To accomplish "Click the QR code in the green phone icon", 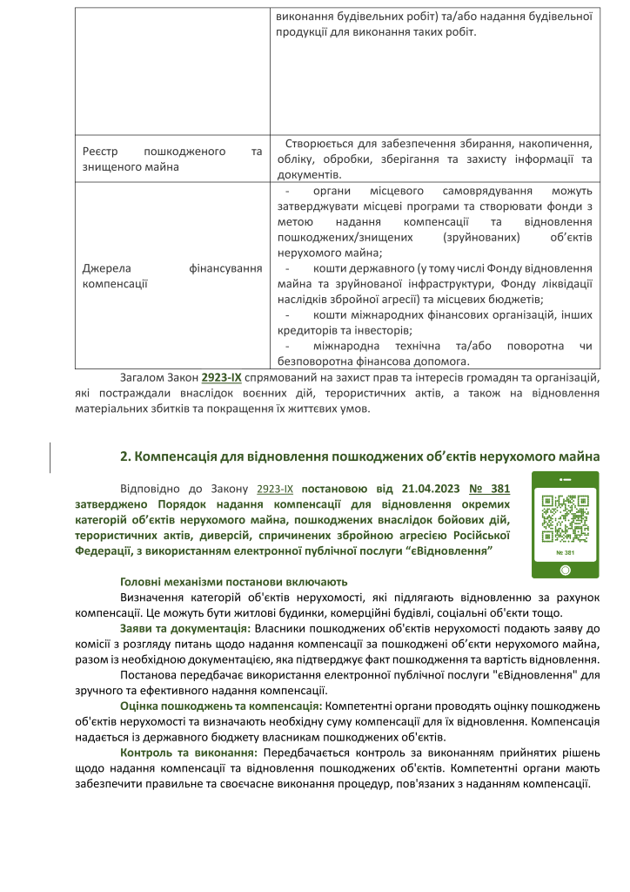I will click(566, 518).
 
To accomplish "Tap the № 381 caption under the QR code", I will click(566, 553).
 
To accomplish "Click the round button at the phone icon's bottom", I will click(566, 570).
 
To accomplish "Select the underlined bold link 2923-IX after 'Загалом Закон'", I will click(222, 378).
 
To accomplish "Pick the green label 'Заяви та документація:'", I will click(185, 628).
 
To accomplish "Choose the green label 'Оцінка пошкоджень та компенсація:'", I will click(221, 705).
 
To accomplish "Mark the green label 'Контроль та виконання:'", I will click(189, 752).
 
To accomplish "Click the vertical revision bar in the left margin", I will click(50, 456).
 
